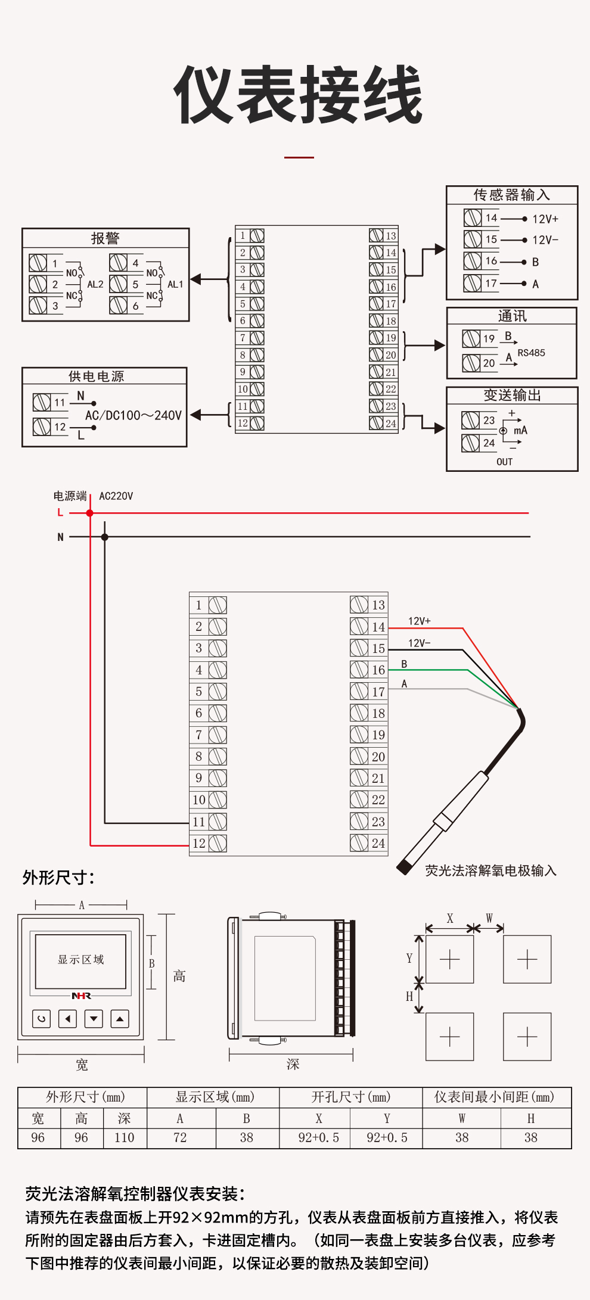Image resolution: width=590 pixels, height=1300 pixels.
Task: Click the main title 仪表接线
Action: pyautogui.click(x=298, y=95)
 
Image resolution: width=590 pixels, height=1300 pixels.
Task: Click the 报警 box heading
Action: pyautogui.click(x=105, y=238)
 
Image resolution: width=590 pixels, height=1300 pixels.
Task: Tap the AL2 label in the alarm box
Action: pyautogui.click(x=95, y=285)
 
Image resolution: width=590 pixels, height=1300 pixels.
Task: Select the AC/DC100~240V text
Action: pyautogui.click(x=133, y=415)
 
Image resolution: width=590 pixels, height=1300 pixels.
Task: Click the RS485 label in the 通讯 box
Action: pyautogui.click(x=531, y=353)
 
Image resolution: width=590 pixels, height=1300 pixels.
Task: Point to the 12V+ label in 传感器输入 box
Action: pyautogui.click(x=545, y=219)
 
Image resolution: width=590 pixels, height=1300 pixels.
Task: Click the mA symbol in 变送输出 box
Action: pyautogui.click(x=520, y=430)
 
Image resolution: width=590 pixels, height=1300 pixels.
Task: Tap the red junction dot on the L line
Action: pyautogui.click(x=90, y=513)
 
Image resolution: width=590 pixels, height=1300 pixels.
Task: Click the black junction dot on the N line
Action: pyautogui.click(x=105, y=537)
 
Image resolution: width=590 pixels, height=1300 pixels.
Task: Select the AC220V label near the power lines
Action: pyautogui.click(x=116, y=496)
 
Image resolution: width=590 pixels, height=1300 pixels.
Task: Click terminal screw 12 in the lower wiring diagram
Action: pyautogui.click(x=218, y=843)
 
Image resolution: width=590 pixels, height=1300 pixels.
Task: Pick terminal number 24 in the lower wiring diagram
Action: pyautogui.click(x=378, y=843)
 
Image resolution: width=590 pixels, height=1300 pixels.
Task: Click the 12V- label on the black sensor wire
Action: pyautogui.click(x=419, y=643)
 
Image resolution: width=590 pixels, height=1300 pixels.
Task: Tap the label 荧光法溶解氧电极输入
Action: pyautogui.click(x=490, y=870)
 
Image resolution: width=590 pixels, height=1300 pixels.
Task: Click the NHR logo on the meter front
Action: pyautogui.click(x=81, y=996)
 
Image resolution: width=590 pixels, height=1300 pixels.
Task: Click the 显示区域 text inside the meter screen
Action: pyautogui.click(x=80, y=960)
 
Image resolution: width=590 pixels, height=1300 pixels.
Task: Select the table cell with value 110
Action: pyautogui.click(x=125, y=1138)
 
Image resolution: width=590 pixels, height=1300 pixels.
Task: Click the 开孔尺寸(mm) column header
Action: pyautogui.click(x=350, y=1097)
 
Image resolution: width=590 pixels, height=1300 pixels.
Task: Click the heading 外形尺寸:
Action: pyautogui.click(x=58, y=878)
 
